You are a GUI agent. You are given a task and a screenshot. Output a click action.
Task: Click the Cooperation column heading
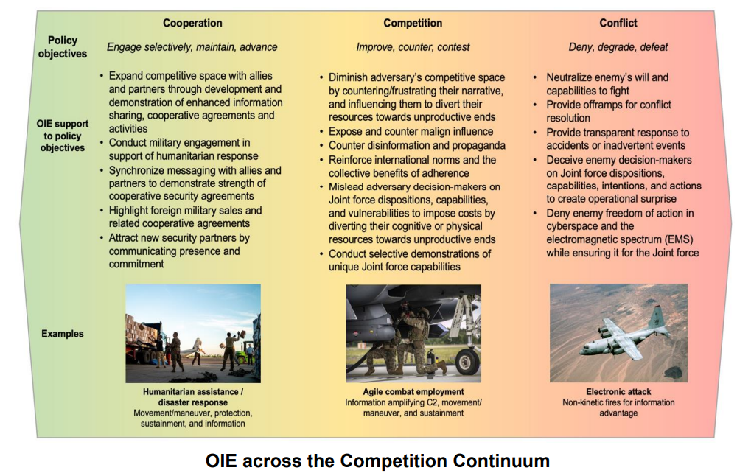click(192, 23)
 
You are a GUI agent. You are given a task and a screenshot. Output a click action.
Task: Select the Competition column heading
click(413, 23)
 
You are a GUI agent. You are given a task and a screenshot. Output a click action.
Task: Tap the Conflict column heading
click(618, 23)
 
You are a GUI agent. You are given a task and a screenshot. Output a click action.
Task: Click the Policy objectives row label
click(63, 47)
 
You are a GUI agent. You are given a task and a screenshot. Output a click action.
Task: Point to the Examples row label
click(63, 334)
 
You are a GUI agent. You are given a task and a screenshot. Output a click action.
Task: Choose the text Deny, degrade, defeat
click(618, 47)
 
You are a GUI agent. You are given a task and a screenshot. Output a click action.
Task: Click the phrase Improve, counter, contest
click(413, 47)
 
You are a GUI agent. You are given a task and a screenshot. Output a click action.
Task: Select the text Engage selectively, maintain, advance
click(192, 47)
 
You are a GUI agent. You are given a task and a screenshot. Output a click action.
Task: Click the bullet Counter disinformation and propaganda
click(417, 146)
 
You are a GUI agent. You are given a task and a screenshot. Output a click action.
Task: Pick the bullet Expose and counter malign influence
click(411, 132)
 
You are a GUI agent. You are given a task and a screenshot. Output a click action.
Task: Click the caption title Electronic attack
click(618, 391)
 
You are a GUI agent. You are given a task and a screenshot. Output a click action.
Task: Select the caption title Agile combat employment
click(413, 391)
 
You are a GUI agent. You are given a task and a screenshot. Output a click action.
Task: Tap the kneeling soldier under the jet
click(419, 339)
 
